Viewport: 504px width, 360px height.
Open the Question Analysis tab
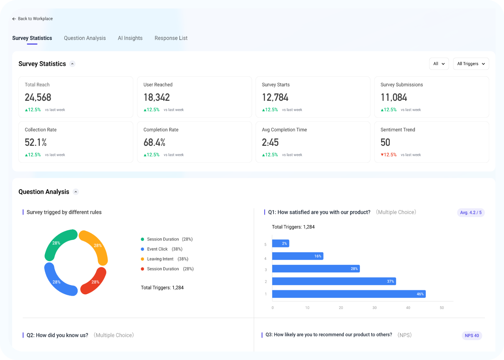(x=85, y=38)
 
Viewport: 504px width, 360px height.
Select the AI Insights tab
(x=130, y=38)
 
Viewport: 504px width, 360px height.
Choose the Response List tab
(x=171, y=38)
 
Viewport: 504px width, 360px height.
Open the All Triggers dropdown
(x=471, y=64)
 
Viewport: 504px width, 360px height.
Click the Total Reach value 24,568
(x=38, y=97)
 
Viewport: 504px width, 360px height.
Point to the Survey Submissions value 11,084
(x=394, y=97)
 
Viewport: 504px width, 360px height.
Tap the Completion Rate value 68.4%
(x=154, y=142)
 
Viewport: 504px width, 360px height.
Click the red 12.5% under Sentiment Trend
(x=389, y=155)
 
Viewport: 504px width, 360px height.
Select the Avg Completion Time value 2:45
(x=270, y=142)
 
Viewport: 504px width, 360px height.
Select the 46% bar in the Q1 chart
(x=349, y=294)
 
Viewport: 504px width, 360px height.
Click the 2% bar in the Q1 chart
(x=280, y=243)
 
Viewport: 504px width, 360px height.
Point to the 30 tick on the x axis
(x=374, y=308)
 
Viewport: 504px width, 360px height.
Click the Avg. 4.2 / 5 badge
(x=471, y=212)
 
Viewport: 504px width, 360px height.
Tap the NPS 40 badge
(x=472, y=335)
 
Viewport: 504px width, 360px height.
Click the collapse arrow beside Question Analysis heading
(x=76, y=192)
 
